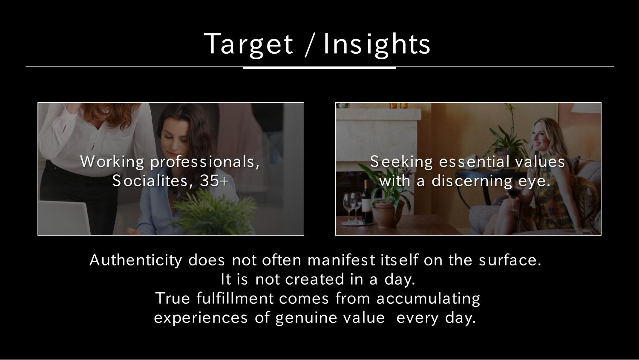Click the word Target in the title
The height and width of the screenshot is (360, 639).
248,44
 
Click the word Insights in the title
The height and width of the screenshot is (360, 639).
377,44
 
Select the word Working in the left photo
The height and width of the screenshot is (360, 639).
112,162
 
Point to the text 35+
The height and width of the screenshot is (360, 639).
214,181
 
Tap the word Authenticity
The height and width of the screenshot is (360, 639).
136,260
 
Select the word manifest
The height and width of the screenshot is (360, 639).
341,260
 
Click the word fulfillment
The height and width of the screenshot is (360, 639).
235,298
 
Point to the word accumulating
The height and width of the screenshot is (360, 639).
428,299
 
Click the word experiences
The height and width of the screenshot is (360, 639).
201,318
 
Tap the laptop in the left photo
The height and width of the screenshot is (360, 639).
64,218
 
